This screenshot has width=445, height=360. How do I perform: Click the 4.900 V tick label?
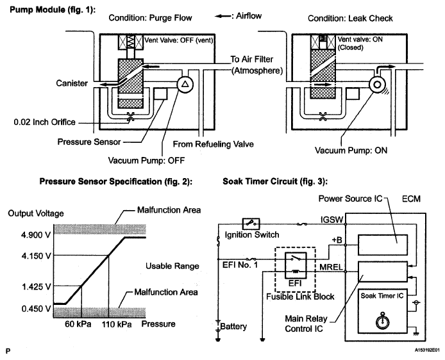tap(37, 234)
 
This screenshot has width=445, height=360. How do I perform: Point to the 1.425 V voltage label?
tap(37, 286)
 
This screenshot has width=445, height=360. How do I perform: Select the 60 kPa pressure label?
tap(78, 324)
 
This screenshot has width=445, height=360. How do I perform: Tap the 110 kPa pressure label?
tap(117, 324)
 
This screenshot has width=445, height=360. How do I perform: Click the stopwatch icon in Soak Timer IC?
tap(382, 321)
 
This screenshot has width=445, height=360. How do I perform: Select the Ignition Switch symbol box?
tap(251, 224)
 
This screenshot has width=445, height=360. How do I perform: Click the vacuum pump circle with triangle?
tap(185, 84)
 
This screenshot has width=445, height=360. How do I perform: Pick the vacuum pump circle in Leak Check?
tap(377, 85)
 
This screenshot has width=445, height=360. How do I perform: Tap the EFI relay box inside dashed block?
tap(296, 265)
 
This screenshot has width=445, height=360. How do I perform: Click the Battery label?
tap(233, 326)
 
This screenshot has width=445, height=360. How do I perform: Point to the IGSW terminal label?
tap(332, 220)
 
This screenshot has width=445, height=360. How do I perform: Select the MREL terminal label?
tap(332, 266)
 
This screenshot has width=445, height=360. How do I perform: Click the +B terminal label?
tap(337, 240)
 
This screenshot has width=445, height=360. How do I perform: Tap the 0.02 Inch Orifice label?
tap(44, 122)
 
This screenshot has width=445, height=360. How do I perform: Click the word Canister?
tap(72, 83)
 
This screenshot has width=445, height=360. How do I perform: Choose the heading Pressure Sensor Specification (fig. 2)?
tap(116, 181)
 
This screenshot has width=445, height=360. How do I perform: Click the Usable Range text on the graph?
tap(172, 266)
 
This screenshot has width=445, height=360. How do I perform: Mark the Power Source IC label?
tap(351, 199)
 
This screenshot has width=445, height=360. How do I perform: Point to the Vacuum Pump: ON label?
tap(351, 151)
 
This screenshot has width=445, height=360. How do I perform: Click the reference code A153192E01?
tap(427, 350)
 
